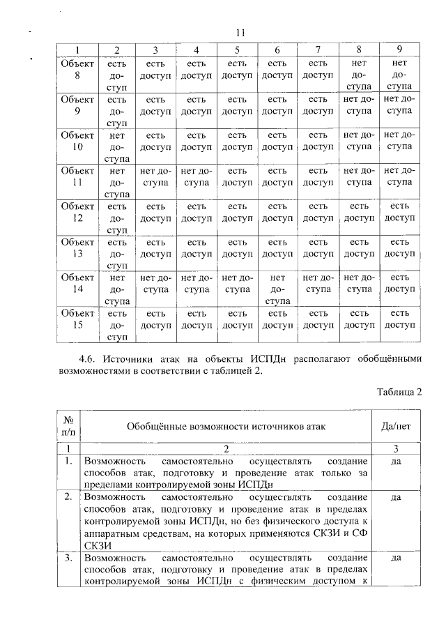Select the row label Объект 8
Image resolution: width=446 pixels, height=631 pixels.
click(x=77, y=68)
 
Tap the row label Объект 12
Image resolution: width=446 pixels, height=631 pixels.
click(x=77, y=212)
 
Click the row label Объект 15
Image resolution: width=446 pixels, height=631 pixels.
click(x=77, y=320)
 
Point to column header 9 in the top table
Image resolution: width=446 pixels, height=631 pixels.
click(x=399, y=50)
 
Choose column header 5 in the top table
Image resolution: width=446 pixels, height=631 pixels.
click(x=237, y=50)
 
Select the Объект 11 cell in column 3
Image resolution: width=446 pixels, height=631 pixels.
click(x=155, y=176)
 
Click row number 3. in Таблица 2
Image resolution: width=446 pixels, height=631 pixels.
click(x=69, y=558)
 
